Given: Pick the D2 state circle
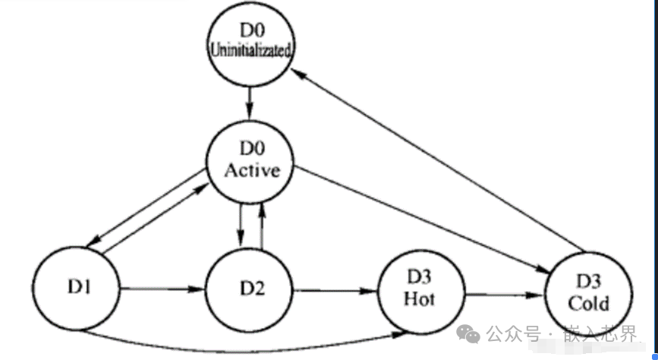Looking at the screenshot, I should pos(251,289).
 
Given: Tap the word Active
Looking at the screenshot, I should pos(252,170).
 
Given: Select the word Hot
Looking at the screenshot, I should pos(419,299).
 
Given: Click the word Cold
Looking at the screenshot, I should pos(588,303).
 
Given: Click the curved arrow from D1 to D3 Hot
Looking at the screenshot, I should pos(243,348).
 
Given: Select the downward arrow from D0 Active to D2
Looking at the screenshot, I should pos(240,225).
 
